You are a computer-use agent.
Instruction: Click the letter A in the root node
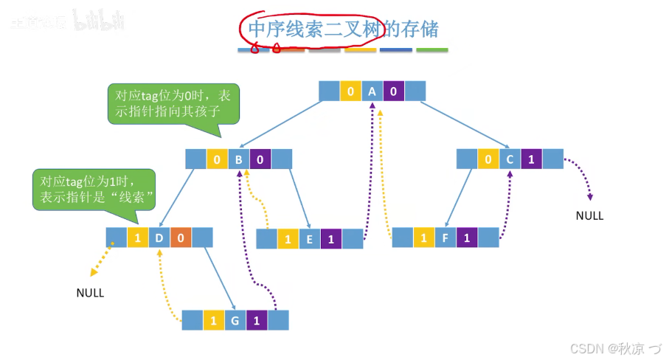coord(372,91)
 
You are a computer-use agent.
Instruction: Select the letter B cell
coord(239,159)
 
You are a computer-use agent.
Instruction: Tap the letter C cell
coord(510,159)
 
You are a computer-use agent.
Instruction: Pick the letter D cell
coord(159,238)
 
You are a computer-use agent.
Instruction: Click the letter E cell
coord(310,239)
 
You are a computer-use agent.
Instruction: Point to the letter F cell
coord(445,238)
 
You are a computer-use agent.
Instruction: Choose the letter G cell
coord(235,320)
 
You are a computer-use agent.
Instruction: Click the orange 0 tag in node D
coord(181,238)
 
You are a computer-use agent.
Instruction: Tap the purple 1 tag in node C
coord(532,159)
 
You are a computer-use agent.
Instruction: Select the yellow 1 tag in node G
coord(213,320)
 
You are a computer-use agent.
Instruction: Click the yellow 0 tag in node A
coord(350,91)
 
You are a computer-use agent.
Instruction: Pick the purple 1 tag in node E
coord(331,239)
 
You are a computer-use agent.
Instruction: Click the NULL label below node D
coord(90,293)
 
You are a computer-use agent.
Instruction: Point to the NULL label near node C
coord(589,216)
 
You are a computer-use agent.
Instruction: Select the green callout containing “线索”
coord(94,190)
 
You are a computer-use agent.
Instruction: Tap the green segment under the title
coord(431,51)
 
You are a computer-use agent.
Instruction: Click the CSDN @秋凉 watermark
coord(614,347)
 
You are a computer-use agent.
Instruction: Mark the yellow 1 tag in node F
coord(423,238)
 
